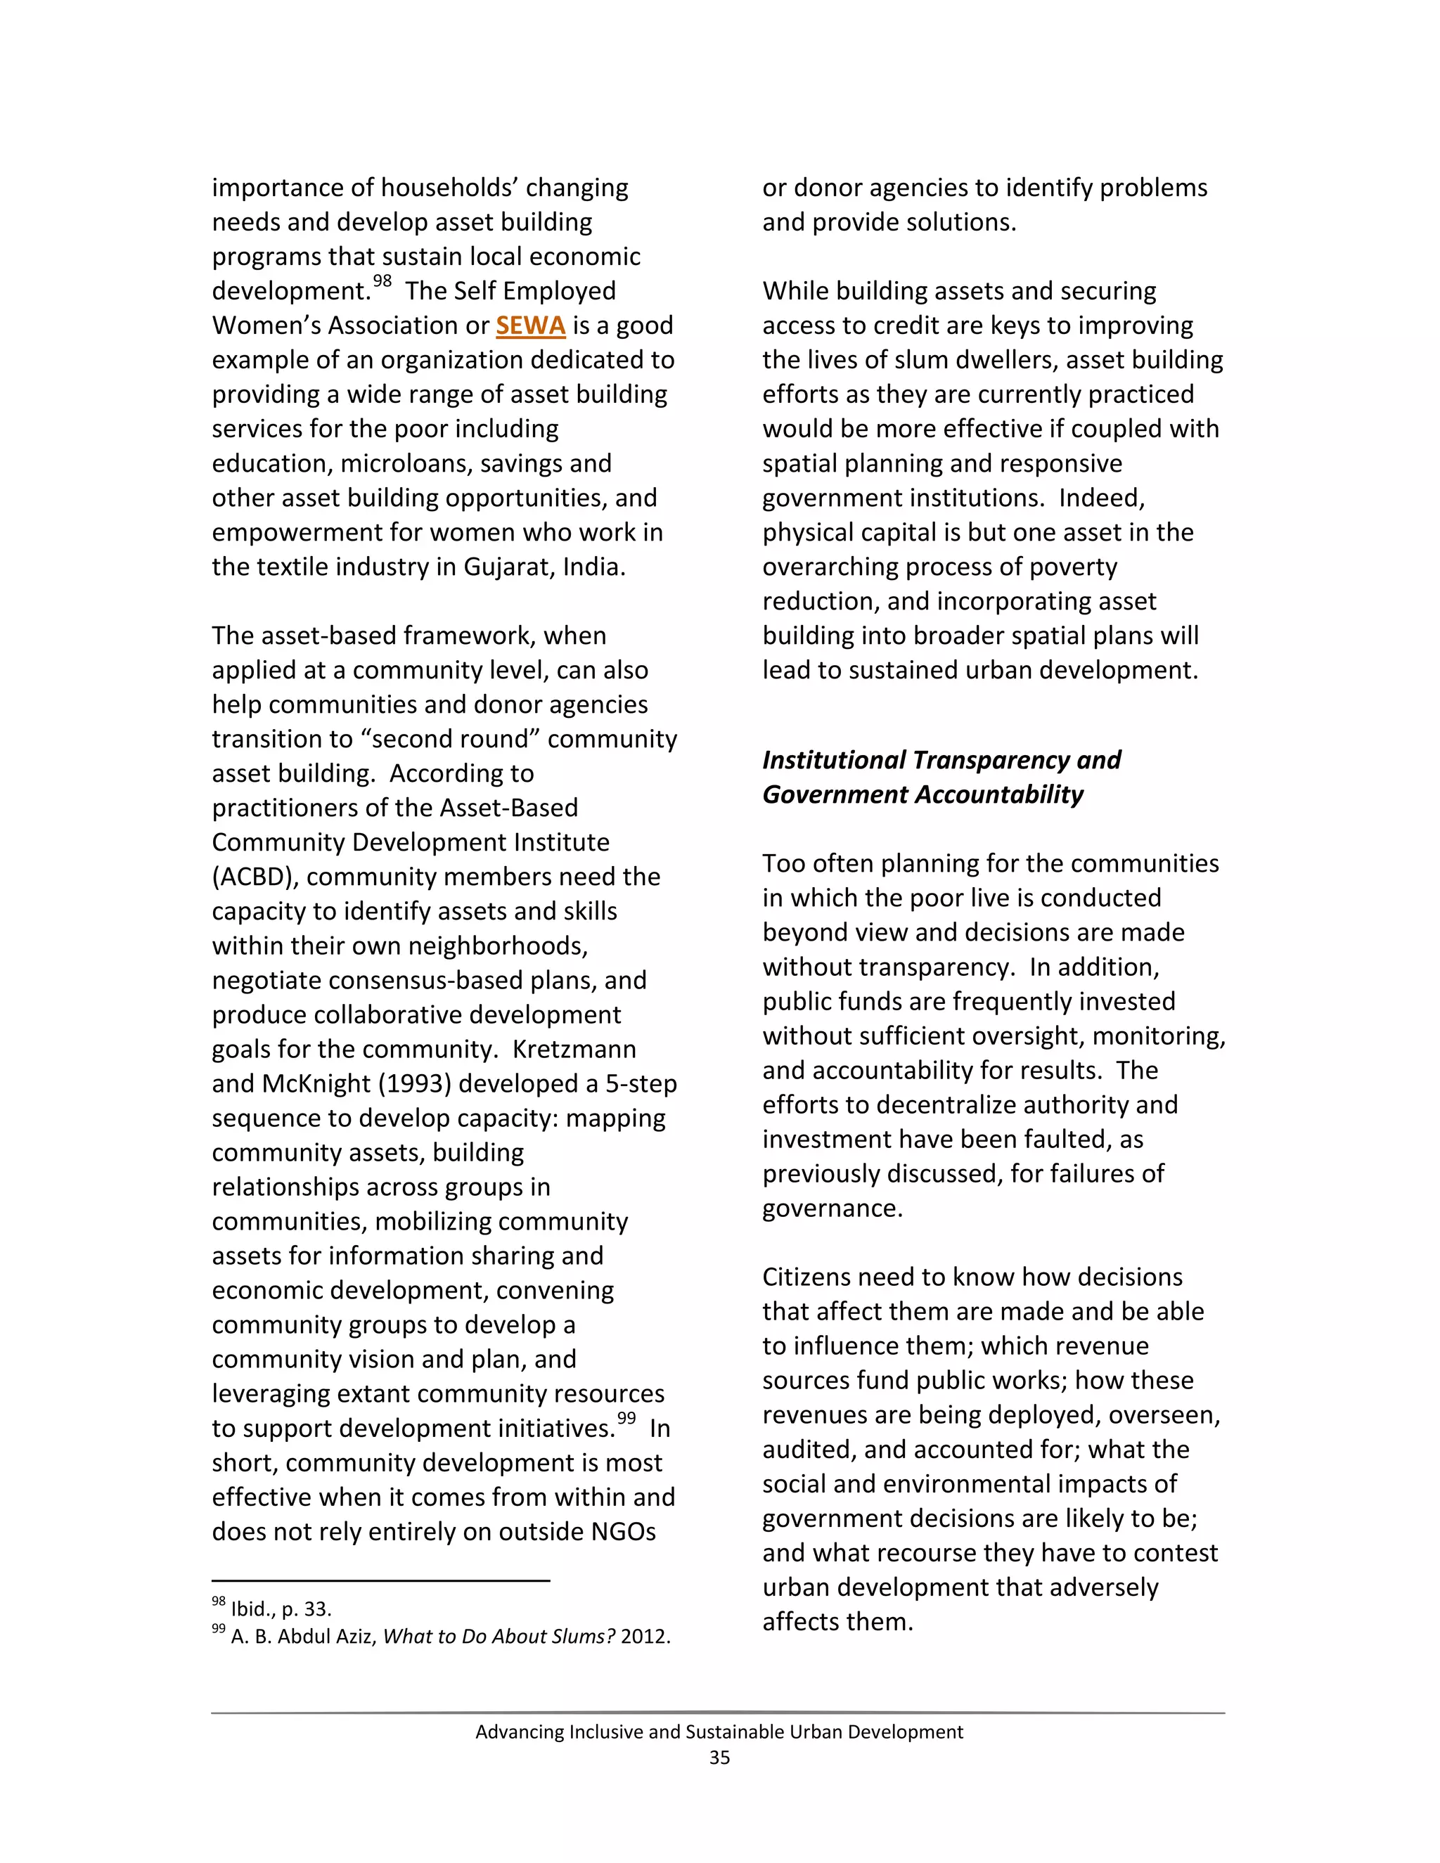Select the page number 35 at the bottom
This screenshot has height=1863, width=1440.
[x=719, y=1758]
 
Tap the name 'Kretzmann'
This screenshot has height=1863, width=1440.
[x=574, y=1049]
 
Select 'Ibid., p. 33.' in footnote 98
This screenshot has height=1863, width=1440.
[x=281, y=1609]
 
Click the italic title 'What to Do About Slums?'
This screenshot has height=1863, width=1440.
[x=499, y=1636]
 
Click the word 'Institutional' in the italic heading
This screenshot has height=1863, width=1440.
[x=833, y=760]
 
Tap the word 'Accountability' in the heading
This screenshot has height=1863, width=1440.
[x=999, y=795]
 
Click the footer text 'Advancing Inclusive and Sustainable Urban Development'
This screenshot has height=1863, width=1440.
[x=719, y=1732]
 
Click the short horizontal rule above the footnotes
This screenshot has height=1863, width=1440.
[x=380, y=1580]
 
